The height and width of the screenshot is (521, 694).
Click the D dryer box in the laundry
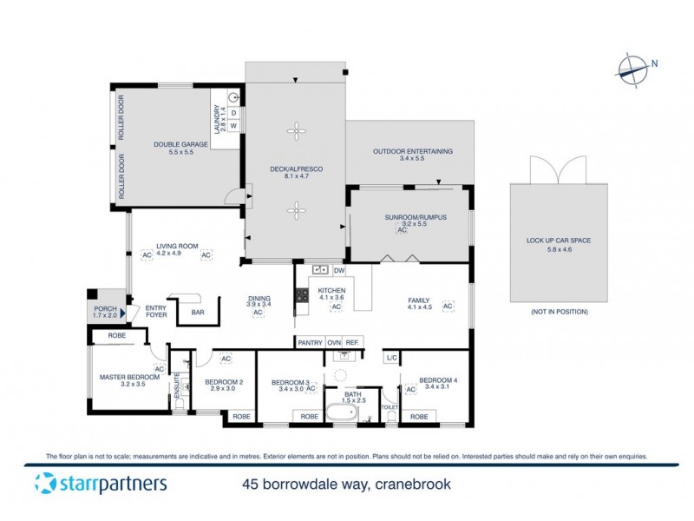[x=232, y=113]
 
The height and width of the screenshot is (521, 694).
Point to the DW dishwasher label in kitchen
[x=338, y=270]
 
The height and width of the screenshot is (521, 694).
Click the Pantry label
[x=310, y=342]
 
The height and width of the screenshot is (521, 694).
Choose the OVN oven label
[x=334, y=342]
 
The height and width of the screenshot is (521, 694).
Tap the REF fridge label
[x=352, y=342]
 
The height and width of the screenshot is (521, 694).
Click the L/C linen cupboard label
[x=391, y=356]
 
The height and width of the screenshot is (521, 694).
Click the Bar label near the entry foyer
[x=197, y=313]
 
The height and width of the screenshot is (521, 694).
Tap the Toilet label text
[x=389, y=406]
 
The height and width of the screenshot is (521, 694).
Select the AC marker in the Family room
[x=448, y=307]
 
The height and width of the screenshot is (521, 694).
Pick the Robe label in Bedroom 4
[x=419, y=417]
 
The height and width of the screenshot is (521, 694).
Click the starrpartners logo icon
[x=43, y=484]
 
